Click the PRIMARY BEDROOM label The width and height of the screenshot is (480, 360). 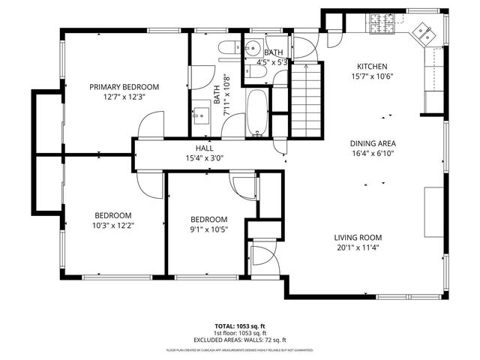[124, 86]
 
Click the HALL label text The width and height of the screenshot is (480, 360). [205, 148]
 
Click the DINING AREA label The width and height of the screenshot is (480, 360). [373, 143]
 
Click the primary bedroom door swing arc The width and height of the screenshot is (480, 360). [152, 122]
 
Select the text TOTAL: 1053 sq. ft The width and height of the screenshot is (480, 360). [239, 326]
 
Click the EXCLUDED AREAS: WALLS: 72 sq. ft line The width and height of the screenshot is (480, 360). [239, 340]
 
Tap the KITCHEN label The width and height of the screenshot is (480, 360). [372, 65]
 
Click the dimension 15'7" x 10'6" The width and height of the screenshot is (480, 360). [372, 76]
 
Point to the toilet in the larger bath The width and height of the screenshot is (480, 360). [226, 51]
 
